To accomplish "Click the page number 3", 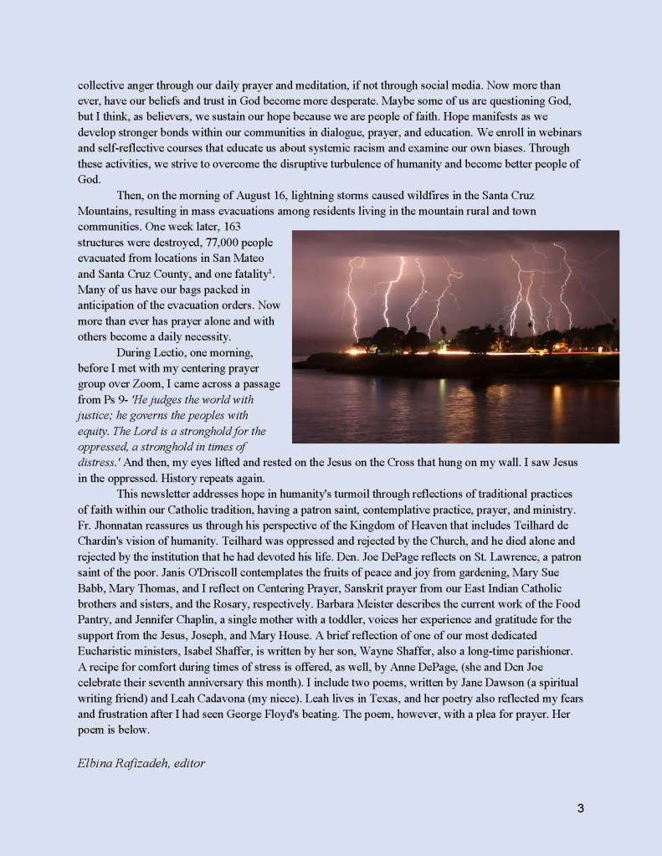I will (580, 807).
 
